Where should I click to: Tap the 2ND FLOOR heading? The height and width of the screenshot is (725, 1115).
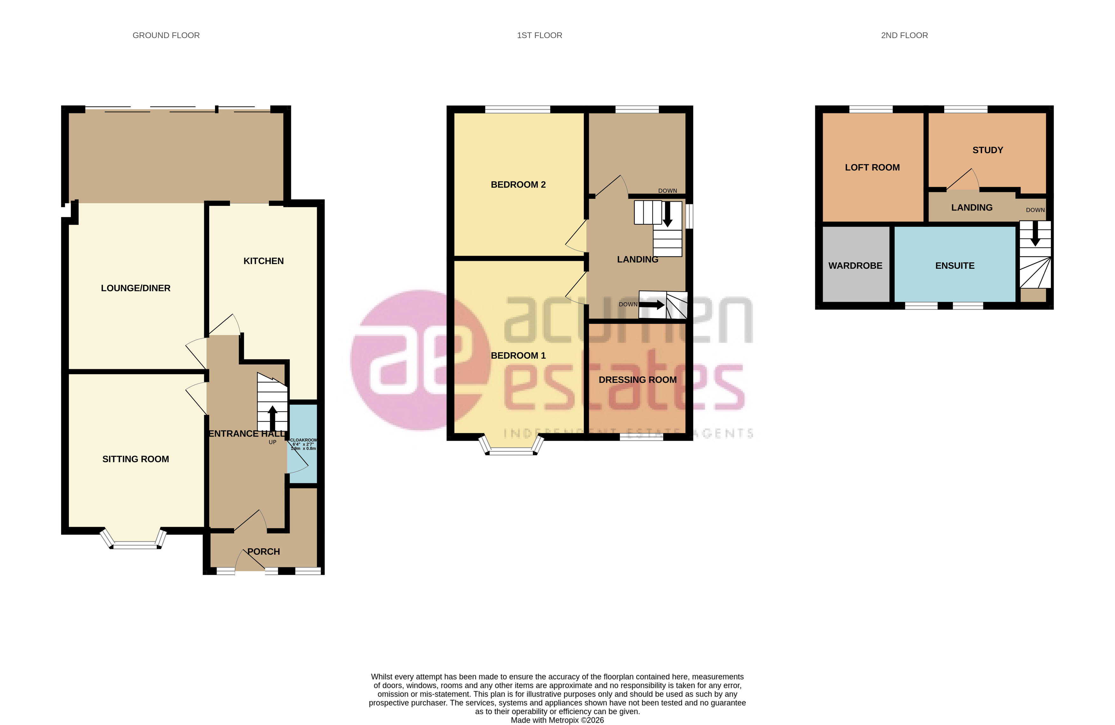[904, 36]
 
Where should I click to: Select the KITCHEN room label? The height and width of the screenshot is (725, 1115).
[263, 261]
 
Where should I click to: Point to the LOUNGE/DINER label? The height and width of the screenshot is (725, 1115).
[135, 288]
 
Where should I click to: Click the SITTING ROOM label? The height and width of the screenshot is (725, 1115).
[135, 459]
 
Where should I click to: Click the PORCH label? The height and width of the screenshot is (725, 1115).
[264, 552]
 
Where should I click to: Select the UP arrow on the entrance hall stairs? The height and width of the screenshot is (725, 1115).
[272, 416]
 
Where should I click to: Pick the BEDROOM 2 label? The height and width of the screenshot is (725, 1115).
[518, 185]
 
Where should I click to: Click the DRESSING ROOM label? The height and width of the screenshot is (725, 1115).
[637, 380]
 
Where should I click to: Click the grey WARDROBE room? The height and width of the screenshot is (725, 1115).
[855, 265]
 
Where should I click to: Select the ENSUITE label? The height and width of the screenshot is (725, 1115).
[954, 266]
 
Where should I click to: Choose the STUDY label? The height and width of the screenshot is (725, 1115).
[987, 150]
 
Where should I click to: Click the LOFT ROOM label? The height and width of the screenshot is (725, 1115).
[872, 167]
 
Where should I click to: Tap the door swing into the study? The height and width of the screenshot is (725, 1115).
[964, 180]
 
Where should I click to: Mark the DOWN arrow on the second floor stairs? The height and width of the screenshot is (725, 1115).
[1035, 234]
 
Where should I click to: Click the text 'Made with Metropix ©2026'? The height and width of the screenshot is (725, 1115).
[557, 720]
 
